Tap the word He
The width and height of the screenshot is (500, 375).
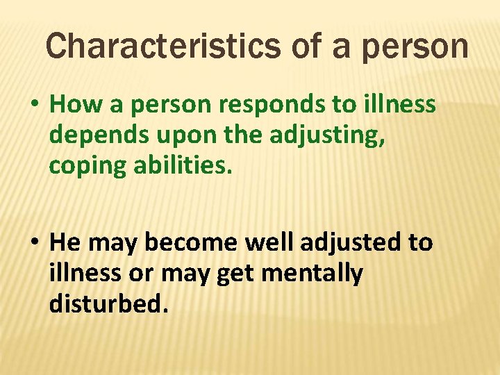(x=66, y=243)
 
